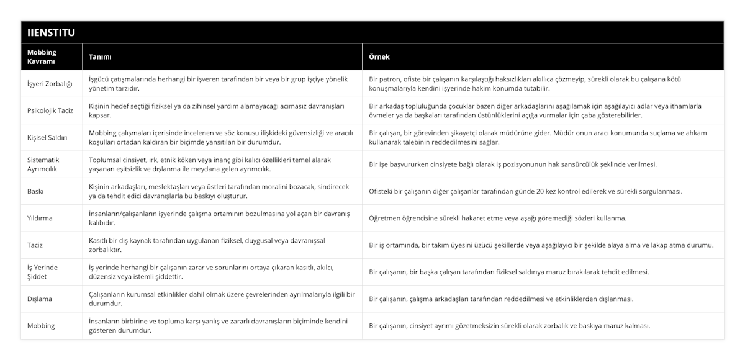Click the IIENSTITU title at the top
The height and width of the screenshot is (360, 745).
point(51,32)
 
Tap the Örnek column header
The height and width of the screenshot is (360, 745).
point(379,56)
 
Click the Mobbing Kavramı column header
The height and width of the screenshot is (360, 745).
point(42,56)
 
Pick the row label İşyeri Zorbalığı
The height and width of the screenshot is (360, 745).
point(50,84)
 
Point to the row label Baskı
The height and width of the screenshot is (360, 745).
point(36,191)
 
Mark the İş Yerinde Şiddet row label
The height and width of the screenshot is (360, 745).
point(43,271)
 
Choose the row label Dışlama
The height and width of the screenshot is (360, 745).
point(40,299)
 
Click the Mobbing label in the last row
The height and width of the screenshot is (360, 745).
point(42,325)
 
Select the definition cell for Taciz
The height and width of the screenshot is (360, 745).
point(210,245)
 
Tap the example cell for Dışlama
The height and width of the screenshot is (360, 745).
point(501,299)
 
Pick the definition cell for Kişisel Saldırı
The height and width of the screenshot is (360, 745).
point(221,137)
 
